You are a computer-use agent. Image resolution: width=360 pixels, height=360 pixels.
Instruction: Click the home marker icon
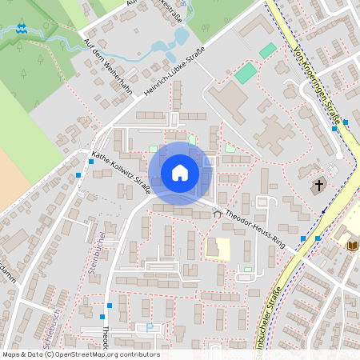(x=179, y=173)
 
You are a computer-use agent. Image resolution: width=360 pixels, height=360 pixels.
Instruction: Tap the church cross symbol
(x=318, y=186)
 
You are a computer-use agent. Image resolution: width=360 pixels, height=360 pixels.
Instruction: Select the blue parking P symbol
(x=149, y=327)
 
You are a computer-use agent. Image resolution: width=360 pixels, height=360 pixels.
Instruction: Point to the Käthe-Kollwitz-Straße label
(x=122, y=166)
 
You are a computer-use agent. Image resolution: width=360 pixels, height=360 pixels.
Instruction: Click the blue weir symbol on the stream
(x=22, y=29)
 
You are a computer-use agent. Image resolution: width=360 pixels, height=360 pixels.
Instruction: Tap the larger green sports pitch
(x=246, y=74)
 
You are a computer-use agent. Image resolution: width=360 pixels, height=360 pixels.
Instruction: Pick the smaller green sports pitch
(x=267, y=50)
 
